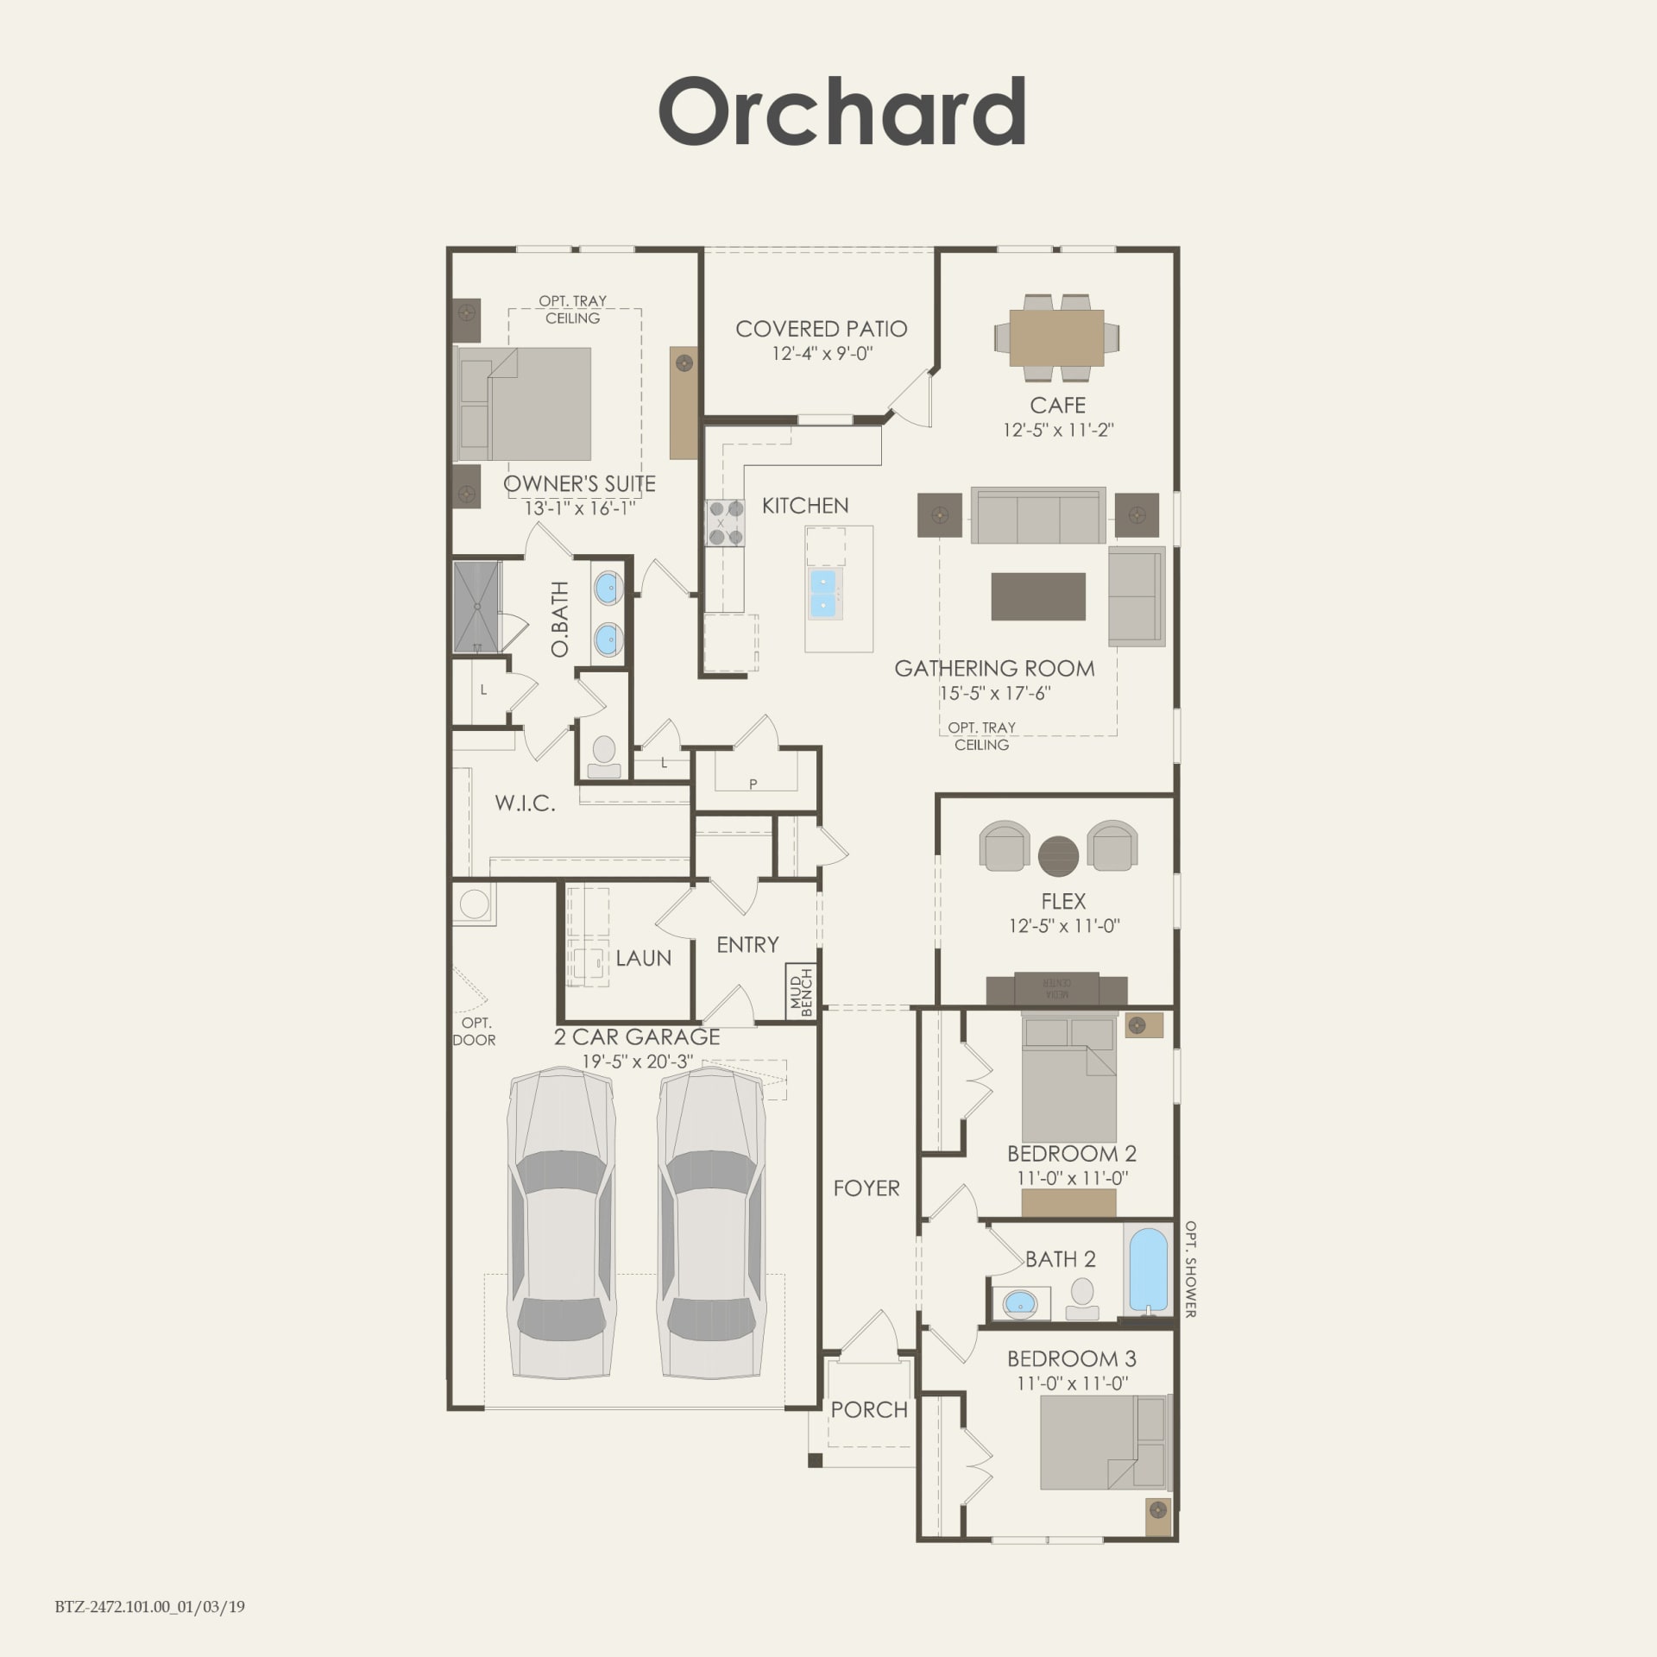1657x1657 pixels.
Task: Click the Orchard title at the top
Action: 842,112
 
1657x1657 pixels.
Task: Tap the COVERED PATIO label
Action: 821,329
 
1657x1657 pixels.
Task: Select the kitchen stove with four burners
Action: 725,523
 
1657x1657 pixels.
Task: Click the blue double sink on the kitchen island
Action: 825,593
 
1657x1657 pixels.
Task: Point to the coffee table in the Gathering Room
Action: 1038,595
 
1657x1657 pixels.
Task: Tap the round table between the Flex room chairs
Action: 1058,857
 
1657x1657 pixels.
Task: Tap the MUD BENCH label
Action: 801,992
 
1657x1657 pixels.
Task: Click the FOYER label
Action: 866,1188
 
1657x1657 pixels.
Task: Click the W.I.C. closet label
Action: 525,803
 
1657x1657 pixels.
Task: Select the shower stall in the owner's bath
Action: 477,607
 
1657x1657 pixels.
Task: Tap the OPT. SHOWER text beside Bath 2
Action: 1190,1269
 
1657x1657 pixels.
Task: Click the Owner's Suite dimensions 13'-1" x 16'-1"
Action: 580,508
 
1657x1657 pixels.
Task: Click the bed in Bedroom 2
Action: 1069,1079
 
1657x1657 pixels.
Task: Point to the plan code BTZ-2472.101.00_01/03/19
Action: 150,1607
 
